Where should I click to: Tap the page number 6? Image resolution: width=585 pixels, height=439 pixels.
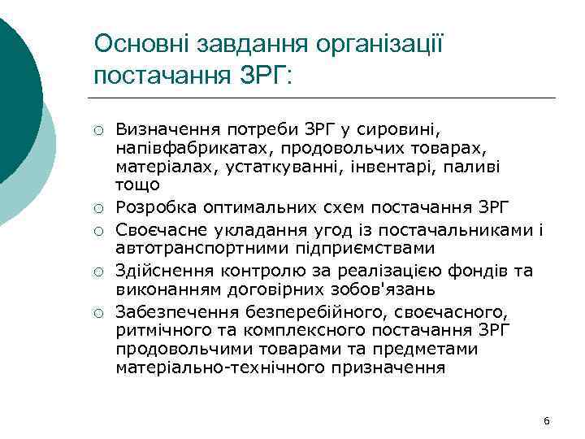point(546,419)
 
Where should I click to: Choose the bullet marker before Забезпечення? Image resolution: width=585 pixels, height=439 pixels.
point(97,311)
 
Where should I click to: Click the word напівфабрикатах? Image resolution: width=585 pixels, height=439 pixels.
point(183,147)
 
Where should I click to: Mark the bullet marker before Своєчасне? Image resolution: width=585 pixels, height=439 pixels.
point(97,231)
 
